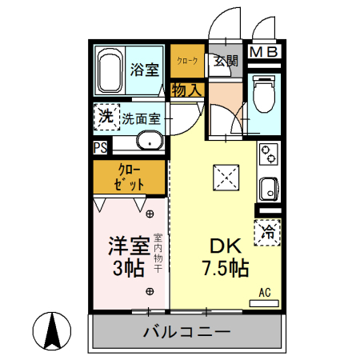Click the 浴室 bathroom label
(146, 70)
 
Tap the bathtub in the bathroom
(110, 70)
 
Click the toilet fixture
(262, 94)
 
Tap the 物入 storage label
(186, 90)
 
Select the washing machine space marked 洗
(105, 117)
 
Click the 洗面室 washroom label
(142, 119)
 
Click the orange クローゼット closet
(130, 178)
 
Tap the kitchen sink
(268, 191)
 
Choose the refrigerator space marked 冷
(268, 233)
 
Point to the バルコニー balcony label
(186, 332)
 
